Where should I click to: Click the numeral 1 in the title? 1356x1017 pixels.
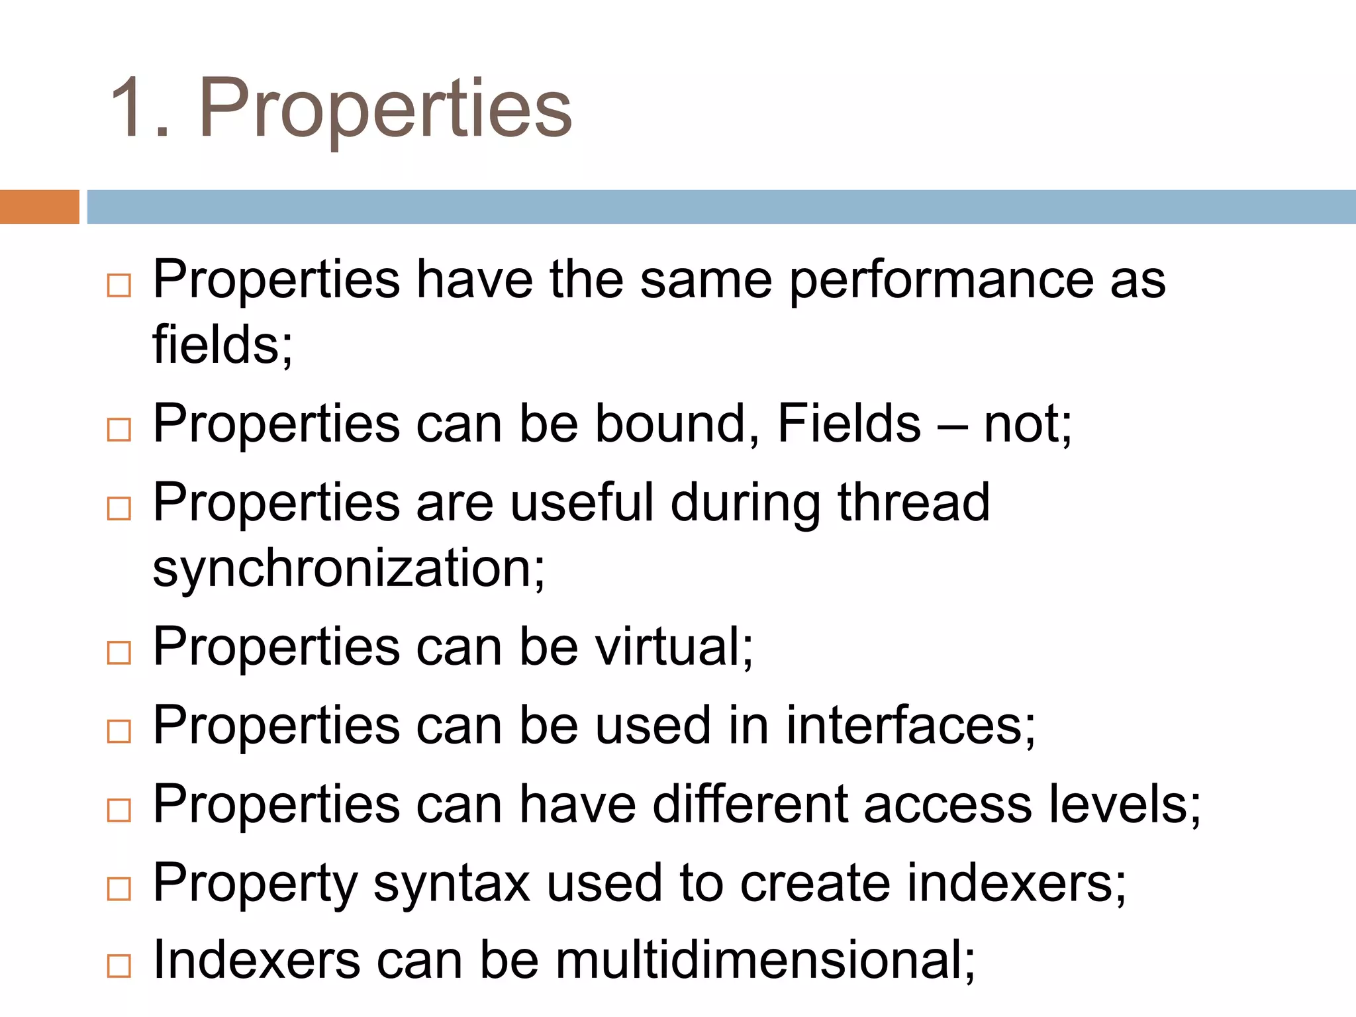click(132, 107)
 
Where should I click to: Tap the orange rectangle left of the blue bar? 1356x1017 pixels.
click(39, 207)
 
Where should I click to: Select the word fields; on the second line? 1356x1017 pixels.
click(222, 345)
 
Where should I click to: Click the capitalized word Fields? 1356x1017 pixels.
click(849, 424)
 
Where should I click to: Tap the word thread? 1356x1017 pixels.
click(914, 503)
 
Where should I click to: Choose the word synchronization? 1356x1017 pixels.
click(349, 569)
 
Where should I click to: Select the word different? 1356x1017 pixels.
click(750, 804)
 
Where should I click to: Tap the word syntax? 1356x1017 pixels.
click(452, 883)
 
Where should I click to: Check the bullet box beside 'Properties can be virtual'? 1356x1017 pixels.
click(119, 653)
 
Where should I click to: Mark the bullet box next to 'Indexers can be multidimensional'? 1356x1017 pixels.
click(119, 967)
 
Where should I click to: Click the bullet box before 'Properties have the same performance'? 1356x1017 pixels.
click(119, 286)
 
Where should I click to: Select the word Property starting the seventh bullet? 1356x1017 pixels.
click(255, 883)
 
